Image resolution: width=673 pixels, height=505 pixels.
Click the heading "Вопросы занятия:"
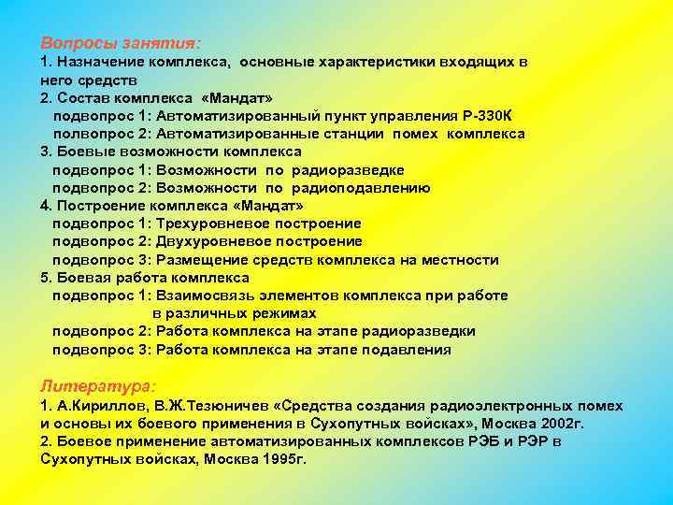[x=121, y=44]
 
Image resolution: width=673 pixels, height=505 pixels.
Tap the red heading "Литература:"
[x=98, y=385]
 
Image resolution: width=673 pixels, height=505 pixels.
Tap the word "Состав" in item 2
[x=80, y=98]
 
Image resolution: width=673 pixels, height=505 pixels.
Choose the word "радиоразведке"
[x=348, y=169]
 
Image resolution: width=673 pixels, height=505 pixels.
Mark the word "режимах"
[x=284, y=313]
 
